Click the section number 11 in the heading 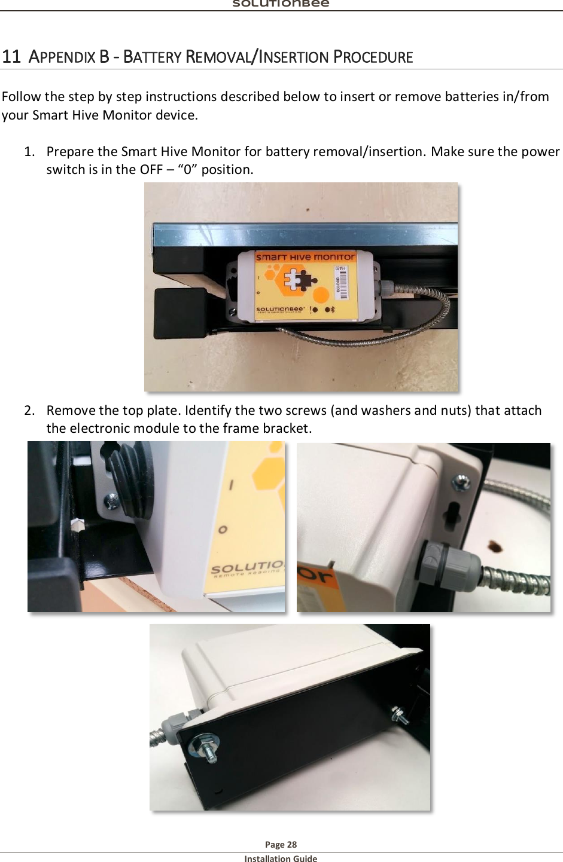click(x=11, y=57)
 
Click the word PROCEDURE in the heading click(x=373, y=57)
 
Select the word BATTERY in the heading click(x=152, y=57)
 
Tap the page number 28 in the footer click(x=291, y=844)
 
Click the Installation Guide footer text click(x=281, y=858)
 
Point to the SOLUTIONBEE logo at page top click(x=281, y=4)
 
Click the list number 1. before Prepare click(x=29, y=151)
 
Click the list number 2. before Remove click(x=29, y=410)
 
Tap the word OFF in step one click(x=151, y=170)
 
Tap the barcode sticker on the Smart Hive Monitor click(x=340, y=283)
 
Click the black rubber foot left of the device click(x=179, y=313)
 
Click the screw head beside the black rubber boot click(x=111, y=500)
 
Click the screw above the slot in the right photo click(x=461, y=481)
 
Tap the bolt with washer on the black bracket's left click(x=205, y=748)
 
